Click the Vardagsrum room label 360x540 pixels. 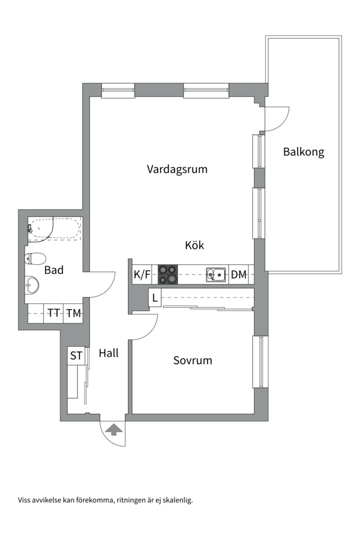click(177, 169)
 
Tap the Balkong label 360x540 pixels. click(303, 151)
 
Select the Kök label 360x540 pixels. click(194, 245)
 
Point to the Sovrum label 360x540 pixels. click(192, 360)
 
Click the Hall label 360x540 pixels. click(108, 353)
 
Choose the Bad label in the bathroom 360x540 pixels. click(54, 270)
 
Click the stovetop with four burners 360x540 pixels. click(167, 274)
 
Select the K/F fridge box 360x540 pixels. click(142, 274)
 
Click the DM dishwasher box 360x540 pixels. click(239, 274)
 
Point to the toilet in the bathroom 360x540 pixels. click(35, 258)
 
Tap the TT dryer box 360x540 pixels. click(53, 313)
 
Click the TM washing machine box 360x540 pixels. click(73, 313)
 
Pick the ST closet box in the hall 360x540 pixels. click(76, 356)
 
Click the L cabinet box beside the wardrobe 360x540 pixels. click(155, 298)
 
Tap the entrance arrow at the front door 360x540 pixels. click(113, 429)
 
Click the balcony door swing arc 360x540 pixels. click(280, 120)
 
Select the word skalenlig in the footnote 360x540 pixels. click(176, 499)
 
